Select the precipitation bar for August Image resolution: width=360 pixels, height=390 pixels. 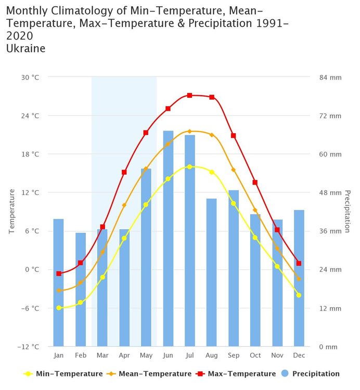tap(212, 273)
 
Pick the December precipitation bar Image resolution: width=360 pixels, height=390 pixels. tap(299, 278)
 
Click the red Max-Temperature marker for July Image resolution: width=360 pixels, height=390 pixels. tap(190, 96)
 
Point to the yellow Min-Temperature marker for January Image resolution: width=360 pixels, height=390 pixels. tap(59, 308)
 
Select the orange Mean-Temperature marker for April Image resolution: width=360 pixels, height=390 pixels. tap(124, 205)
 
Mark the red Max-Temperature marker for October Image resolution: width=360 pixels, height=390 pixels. tap(255, 183)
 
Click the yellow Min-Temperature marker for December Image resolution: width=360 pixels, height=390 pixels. tap(299, 295)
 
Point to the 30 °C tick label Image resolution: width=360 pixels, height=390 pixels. tap(30, 77)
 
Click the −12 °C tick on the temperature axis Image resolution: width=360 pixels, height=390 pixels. tap(29, 347)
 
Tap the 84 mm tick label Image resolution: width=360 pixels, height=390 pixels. tap(330, 77)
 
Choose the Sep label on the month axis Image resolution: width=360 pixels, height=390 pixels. tap(234, 355)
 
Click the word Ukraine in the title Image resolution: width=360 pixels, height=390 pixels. tap(27, 48)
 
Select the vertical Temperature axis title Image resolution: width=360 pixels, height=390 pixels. tap(11, 212)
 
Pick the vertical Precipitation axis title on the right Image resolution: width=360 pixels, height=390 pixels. tap(347, 212)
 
